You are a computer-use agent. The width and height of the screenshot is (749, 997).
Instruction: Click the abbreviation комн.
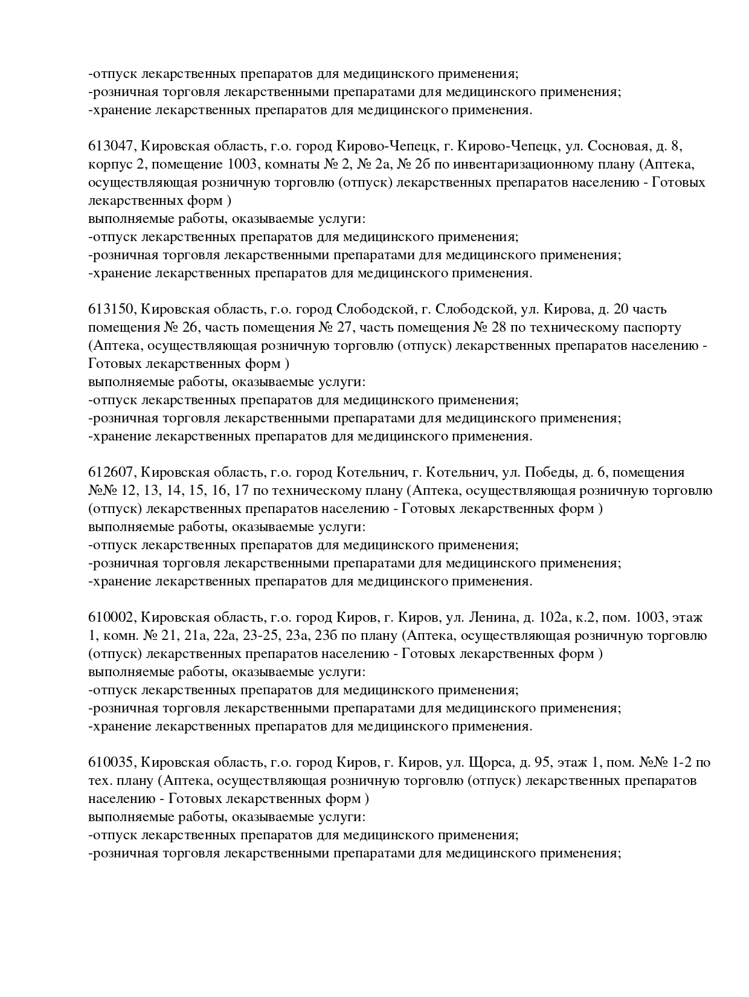click(117, 636)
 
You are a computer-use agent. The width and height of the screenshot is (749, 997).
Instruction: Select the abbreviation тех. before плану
click(99, 781)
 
